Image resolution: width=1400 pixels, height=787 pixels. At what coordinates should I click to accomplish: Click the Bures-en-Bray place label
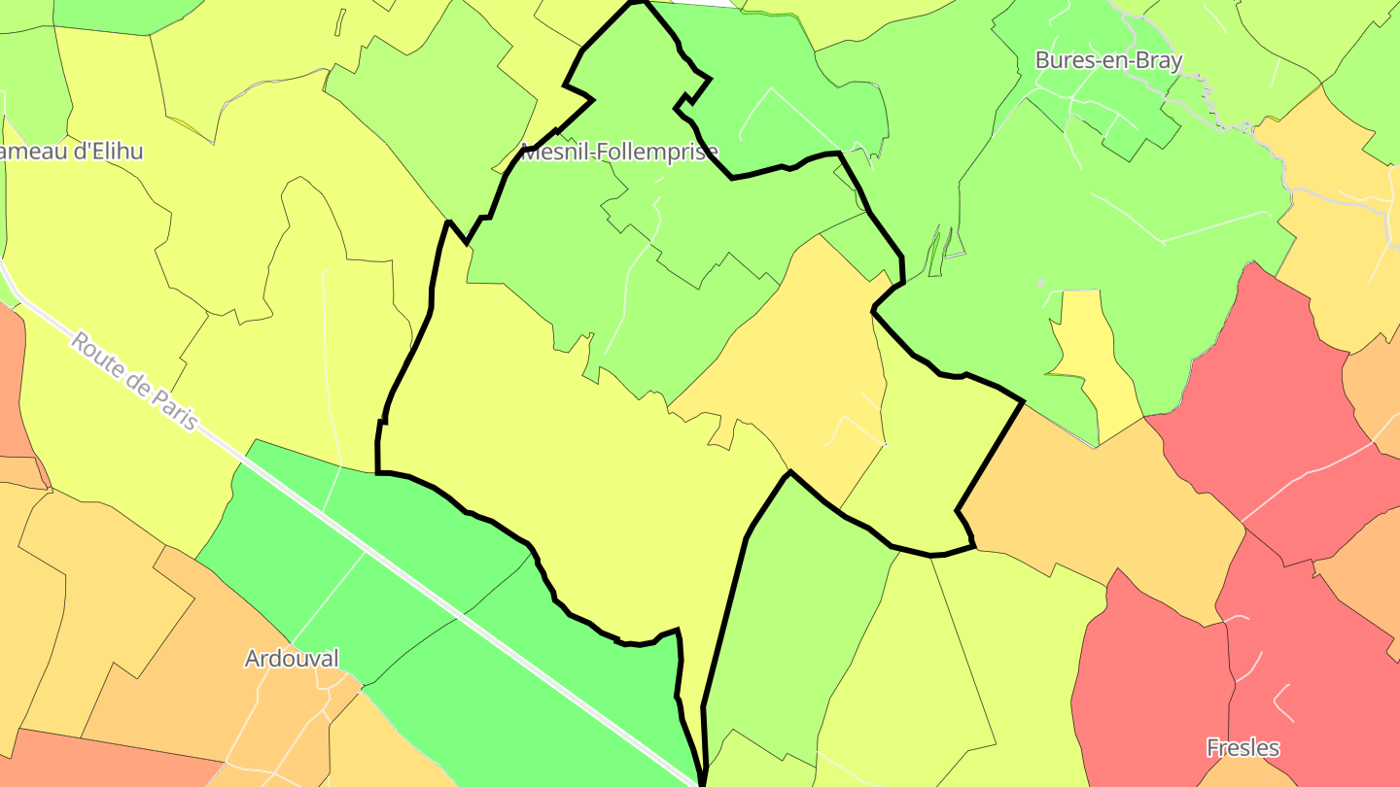[1108, 60]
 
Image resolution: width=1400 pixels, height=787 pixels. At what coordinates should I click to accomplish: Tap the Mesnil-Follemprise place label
[619, 152]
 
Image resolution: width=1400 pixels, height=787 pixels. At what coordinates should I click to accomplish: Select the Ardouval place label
[292, 659]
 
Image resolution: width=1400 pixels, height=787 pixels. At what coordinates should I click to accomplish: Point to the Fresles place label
[1242, 748]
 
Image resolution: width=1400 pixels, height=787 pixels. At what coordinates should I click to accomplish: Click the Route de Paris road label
[134, 383]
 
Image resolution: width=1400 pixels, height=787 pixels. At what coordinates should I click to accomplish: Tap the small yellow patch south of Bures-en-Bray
[1094, 359]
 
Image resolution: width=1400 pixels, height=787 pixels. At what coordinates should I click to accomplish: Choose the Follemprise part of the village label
[656, 152]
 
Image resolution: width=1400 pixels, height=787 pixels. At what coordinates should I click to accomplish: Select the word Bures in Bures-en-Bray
[1061, 60]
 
